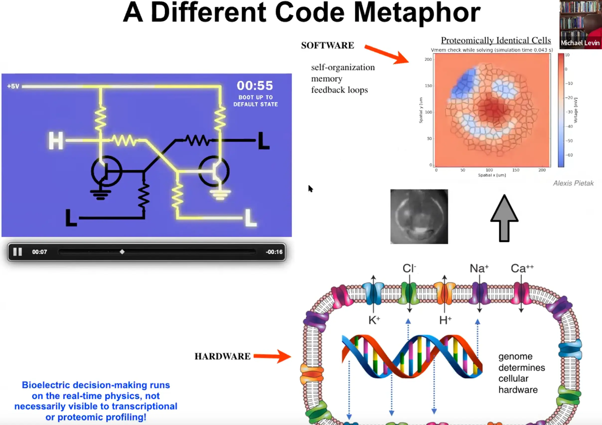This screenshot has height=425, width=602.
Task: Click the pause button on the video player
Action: click(18, 252)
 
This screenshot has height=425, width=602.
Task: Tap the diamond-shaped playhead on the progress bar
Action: click(122, 252)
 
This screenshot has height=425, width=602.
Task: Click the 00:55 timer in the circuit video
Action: click(255, 86)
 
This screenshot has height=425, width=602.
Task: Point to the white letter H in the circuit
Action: click(56, 141)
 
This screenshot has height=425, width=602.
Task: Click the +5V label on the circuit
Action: click(13, 86)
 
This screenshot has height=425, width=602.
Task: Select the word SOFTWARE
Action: click(327, 45)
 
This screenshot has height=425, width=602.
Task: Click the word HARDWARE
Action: click(223, 356)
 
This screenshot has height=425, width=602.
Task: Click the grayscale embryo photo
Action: click(419, 216)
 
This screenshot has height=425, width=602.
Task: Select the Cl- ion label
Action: click(409, 268)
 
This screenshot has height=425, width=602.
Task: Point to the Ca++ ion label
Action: click(522, 268)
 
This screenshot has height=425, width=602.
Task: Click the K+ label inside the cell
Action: click(374, 320)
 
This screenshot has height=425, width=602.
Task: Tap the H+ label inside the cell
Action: click(446, 320)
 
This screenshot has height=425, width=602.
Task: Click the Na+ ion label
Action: click(479, 268)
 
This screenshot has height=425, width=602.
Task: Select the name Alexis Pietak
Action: click(573, 183)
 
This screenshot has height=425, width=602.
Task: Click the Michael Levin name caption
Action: click(580, 43)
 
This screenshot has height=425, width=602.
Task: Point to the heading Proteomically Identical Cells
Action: click(496, 40)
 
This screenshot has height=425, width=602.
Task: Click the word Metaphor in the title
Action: click(417, 13)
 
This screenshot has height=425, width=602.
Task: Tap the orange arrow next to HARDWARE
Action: click(272, 356)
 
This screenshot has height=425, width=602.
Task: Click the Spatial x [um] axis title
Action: click(492, 175)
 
